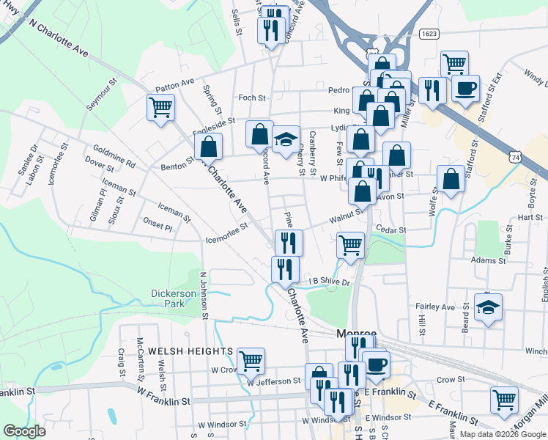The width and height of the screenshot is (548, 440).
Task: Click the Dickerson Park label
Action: click(174, 298)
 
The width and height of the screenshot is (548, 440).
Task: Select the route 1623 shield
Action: click(430, 34)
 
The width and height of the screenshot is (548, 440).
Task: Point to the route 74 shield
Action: click(516, 157)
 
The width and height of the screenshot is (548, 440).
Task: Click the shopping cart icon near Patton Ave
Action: click(160, 108)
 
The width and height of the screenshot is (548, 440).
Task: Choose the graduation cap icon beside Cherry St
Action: click(286, 138)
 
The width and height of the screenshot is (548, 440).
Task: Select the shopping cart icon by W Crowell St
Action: click(251, 360)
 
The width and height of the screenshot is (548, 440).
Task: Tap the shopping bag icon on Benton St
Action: click(209, 146)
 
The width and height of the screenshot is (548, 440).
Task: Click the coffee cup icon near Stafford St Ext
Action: click(464, 89)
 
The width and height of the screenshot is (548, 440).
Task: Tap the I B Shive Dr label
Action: click(329, 281)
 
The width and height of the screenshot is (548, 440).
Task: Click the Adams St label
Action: click(489, 260)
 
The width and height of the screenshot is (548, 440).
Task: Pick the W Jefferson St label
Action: click(273, 381)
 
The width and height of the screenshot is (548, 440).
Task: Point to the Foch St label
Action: click(251, 97)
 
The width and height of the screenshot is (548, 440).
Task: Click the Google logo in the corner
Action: click(24, 431)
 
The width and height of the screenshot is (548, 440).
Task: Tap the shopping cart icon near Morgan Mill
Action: click(504, 400)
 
